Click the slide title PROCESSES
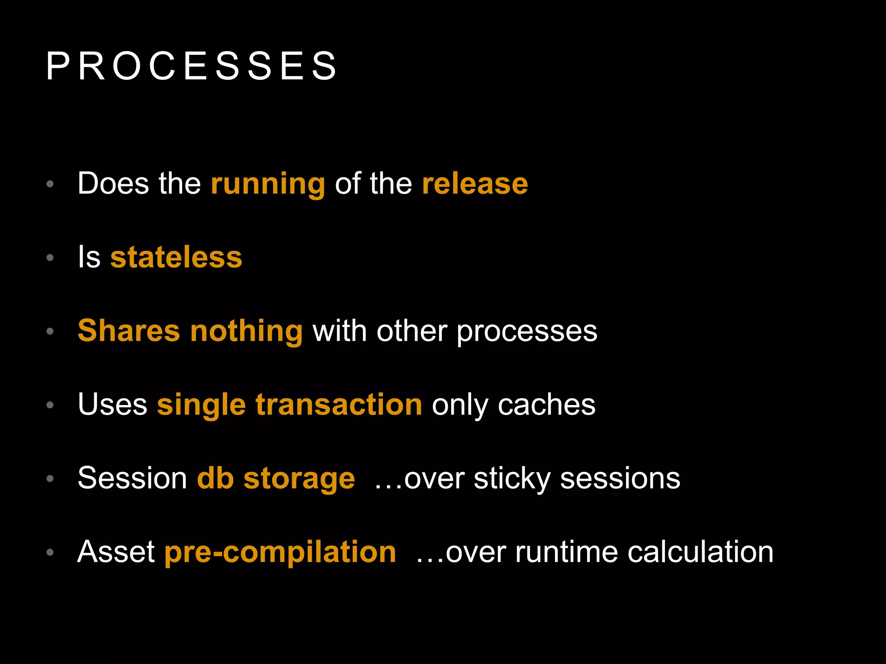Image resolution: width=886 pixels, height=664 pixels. pyautogui.click(x=191, y=66)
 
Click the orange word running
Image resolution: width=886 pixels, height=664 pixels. pyautogui.click(x=268, y=184)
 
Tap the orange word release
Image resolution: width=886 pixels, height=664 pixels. pyautogui.click(x=475, y=184)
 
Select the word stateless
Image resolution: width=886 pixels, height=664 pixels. pyautogui.click(x=176, y=257)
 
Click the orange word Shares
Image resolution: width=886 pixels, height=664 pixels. pyautogui.click(x=128, y=331)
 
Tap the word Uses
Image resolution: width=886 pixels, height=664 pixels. pyautogui.click(x=112, y=405)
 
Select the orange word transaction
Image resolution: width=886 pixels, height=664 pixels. pyautogui.click(x=339, y=405)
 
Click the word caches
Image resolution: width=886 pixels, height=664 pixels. pyautogui.click(x=546, y=405)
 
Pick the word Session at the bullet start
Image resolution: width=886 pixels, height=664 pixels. pyautogui.click(x=132, y=478)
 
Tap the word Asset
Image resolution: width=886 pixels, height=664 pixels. pyautogui.click(x=116, y=552)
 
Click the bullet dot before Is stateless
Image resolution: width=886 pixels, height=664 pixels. pyautogui.click(x=50, y=258)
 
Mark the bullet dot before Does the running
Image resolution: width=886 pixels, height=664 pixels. pyautogui.click(x=50, y=184)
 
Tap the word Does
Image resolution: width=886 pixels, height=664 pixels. pyautogui.click(x=114, y=184)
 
